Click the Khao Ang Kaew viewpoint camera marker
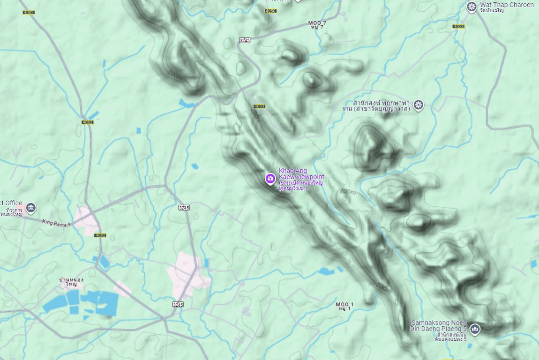point(270,179)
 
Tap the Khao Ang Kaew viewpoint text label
point(301,173)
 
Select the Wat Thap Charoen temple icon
point(472,7)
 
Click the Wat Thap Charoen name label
point(507,5)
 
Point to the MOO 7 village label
point(317,23)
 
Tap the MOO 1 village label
point(344,305)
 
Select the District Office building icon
point(31,207)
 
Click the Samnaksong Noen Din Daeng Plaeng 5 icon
point(475,330)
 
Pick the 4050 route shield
point(270,11)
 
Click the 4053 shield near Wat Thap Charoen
point(458,26)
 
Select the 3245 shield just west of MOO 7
point(244,40)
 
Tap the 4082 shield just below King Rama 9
point(100,235)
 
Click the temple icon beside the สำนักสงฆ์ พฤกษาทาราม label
point(419,105)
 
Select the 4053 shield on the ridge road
point(259,106)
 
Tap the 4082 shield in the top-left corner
point(29,12)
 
